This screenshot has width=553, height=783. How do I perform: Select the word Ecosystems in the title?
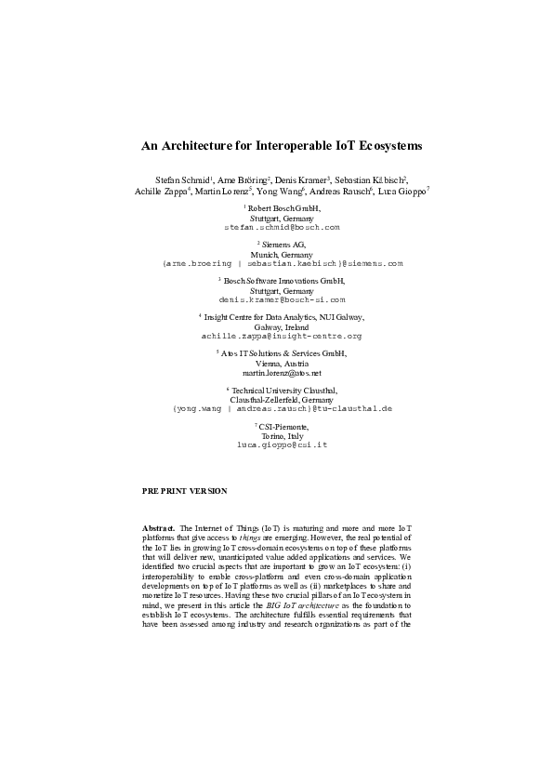click(387, 146)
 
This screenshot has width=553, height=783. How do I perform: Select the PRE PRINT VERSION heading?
click(184, 490)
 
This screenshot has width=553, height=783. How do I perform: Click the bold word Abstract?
click(158, 527)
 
